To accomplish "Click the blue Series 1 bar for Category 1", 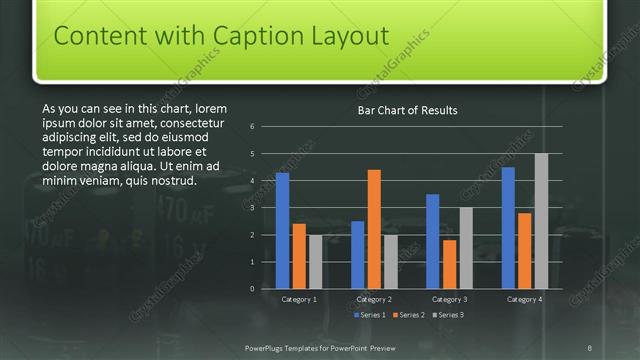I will pyautogui.click(x=282, y=230).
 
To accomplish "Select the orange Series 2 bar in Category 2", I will pyautogui.click(x=374, y=229).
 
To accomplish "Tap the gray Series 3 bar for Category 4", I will pyautogui.click(x=541, y=221).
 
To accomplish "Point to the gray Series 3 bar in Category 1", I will pyautogui.click(x=315, y=262).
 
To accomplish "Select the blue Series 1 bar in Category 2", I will pyautogui.click(x=358, y=255).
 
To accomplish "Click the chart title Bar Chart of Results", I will pyautogui.click(x=407, y=110).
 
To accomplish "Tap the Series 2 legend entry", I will pyautogui.click(x=408, y=315).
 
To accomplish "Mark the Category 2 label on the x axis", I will pyautogui.click(x=374, y=299).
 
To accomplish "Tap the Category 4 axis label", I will pyautogui.click(x=524, y=299).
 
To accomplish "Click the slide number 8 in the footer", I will pyautogui.click(x=590, y=347).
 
